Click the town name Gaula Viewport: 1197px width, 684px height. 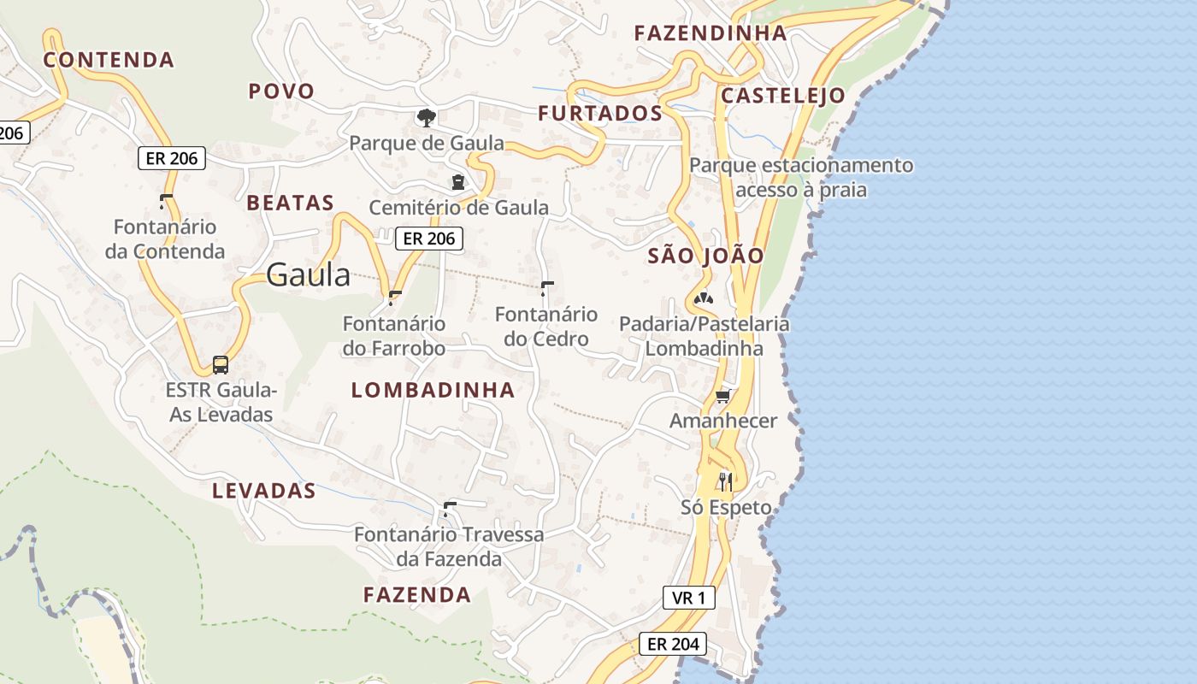pos(308,275)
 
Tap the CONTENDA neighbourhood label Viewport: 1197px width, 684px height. pos(109,60)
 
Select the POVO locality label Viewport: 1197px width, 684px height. pos(281,91)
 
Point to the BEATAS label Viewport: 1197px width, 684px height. pos(290,203)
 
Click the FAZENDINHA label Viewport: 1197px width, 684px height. pos(710,33)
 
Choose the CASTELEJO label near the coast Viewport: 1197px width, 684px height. pos(782,95)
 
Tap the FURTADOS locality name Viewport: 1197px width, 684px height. pos(599,113)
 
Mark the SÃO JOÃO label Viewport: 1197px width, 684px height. pos(705,256)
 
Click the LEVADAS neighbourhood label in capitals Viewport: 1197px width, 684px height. pos(264,491)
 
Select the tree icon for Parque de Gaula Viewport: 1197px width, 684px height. pos(426,117)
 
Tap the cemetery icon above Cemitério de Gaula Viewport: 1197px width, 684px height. pos(458,182)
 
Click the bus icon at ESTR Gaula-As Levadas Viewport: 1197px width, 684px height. pos(221,365)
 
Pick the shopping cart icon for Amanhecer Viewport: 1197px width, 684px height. pos(723,396)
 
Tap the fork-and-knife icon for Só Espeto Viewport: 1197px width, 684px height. pos(725,482)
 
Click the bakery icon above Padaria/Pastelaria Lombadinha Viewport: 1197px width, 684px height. pos(704,298)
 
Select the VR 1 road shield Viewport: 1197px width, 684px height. pos(688,598)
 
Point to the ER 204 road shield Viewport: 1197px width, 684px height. pos(673,644)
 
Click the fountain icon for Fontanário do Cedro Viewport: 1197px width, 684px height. pos(547,289)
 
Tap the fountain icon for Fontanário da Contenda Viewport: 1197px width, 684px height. pos(165,202)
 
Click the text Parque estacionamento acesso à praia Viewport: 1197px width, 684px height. pos(801,177)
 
